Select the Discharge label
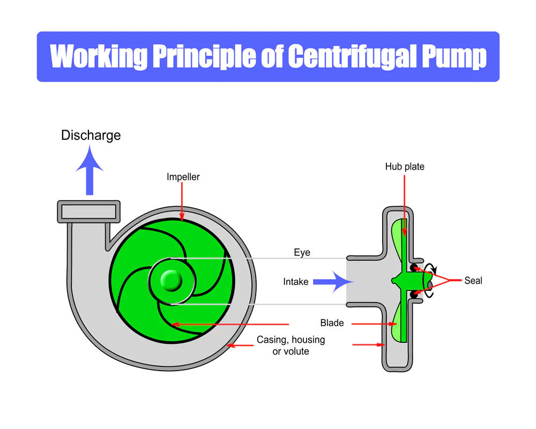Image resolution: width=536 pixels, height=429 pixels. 91,135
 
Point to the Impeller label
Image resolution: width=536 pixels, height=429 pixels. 183,177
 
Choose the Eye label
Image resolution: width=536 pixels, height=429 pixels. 302,252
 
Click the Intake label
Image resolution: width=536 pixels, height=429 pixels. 296,281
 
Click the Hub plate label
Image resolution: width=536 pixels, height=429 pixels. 405,167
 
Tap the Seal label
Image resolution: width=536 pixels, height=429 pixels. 473,280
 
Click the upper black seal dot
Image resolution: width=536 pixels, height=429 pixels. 414,267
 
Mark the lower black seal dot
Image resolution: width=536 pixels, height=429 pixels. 414,295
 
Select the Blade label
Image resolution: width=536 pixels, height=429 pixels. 332,323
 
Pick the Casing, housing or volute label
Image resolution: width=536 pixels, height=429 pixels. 291,345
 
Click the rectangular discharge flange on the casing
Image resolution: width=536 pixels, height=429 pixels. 89,211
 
